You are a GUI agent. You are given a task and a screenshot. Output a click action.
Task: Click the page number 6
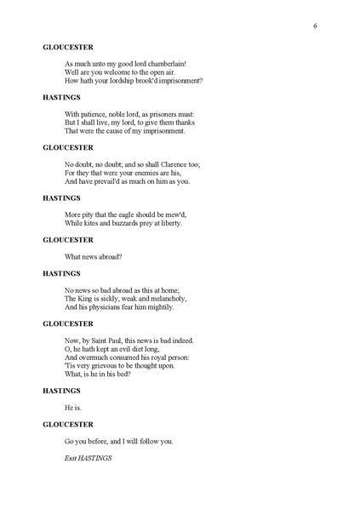[315, 26]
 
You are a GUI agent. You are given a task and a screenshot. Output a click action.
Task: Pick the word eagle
[129, 214]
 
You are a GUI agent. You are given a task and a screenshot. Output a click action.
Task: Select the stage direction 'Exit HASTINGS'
[88, 458]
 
